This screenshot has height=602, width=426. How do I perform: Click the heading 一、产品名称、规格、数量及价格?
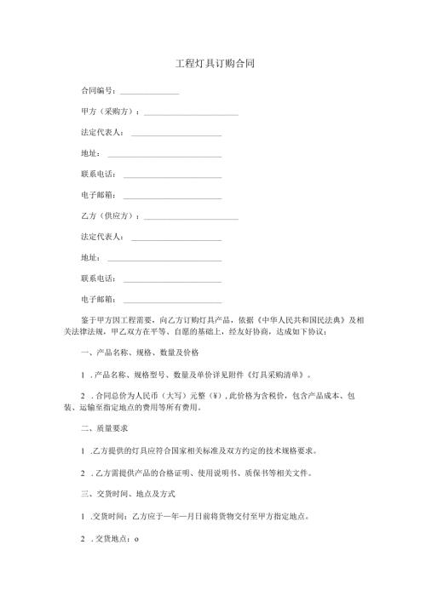coord(139,353)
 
